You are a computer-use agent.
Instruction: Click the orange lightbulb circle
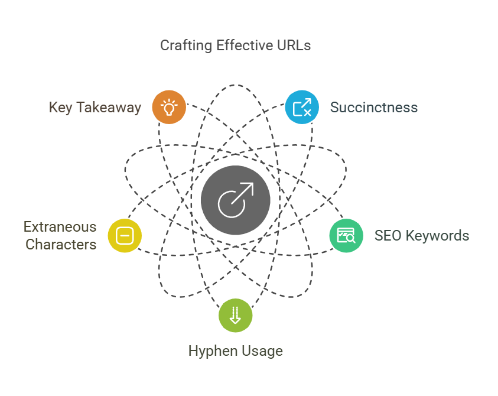169,107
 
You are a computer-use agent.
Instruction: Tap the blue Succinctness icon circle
302,107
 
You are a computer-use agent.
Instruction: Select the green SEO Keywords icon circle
346,235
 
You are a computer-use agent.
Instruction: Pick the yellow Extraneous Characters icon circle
125,235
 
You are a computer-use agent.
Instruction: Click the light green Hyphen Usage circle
236,315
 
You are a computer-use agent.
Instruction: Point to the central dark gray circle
236,200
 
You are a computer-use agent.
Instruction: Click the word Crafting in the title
186,46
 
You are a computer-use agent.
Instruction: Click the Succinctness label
374,108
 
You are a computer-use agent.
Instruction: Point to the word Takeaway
109,108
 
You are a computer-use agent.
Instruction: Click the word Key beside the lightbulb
61,108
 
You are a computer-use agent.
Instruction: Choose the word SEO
388,236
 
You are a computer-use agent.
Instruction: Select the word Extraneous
60,227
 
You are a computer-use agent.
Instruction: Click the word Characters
61,245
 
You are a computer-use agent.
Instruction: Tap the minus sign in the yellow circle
125,236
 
